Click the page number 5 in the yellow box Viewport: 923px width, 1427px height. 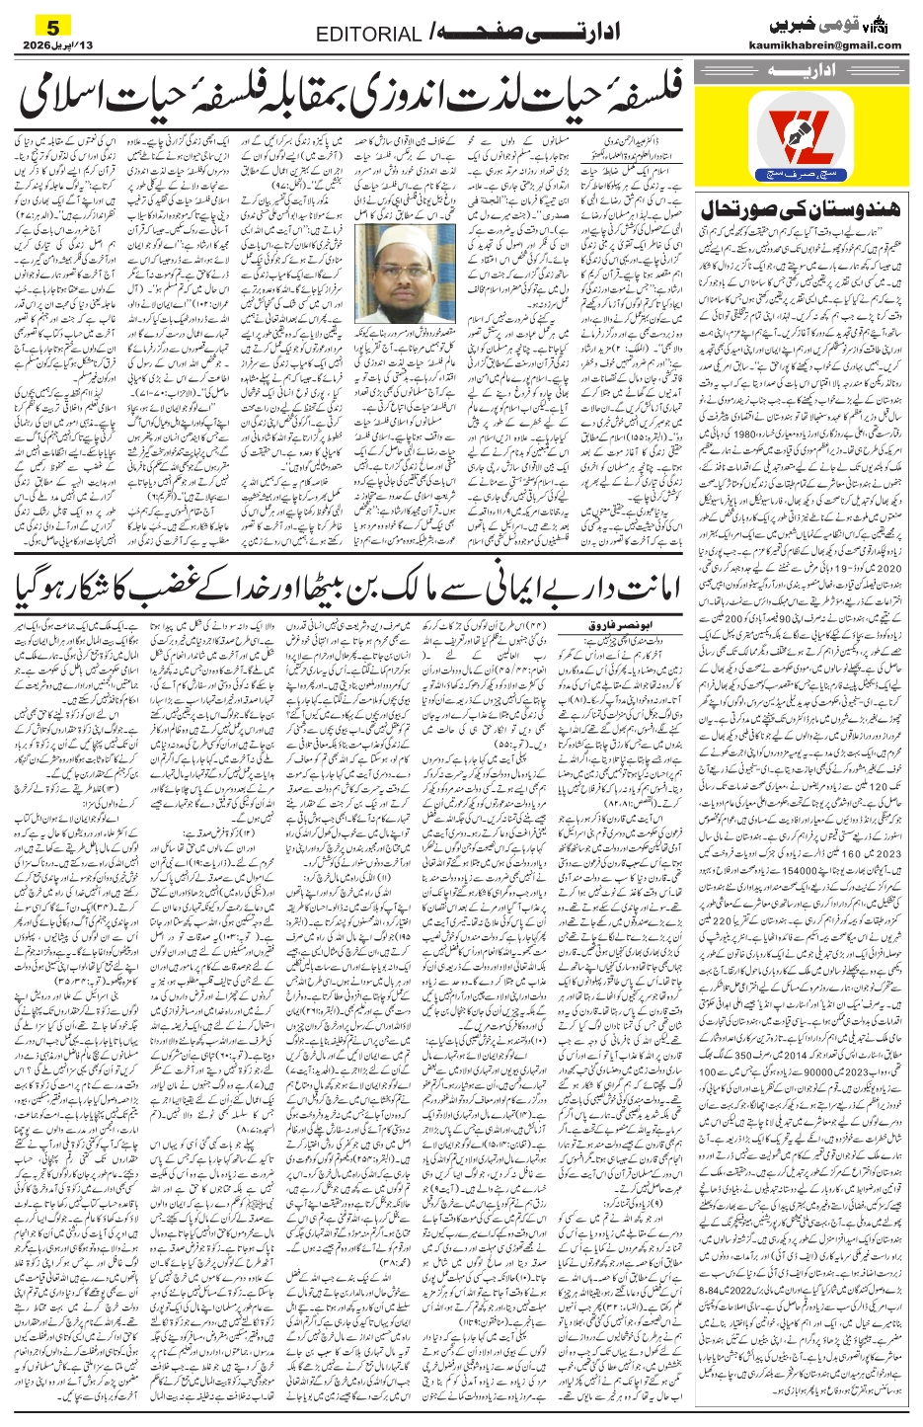40,25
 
